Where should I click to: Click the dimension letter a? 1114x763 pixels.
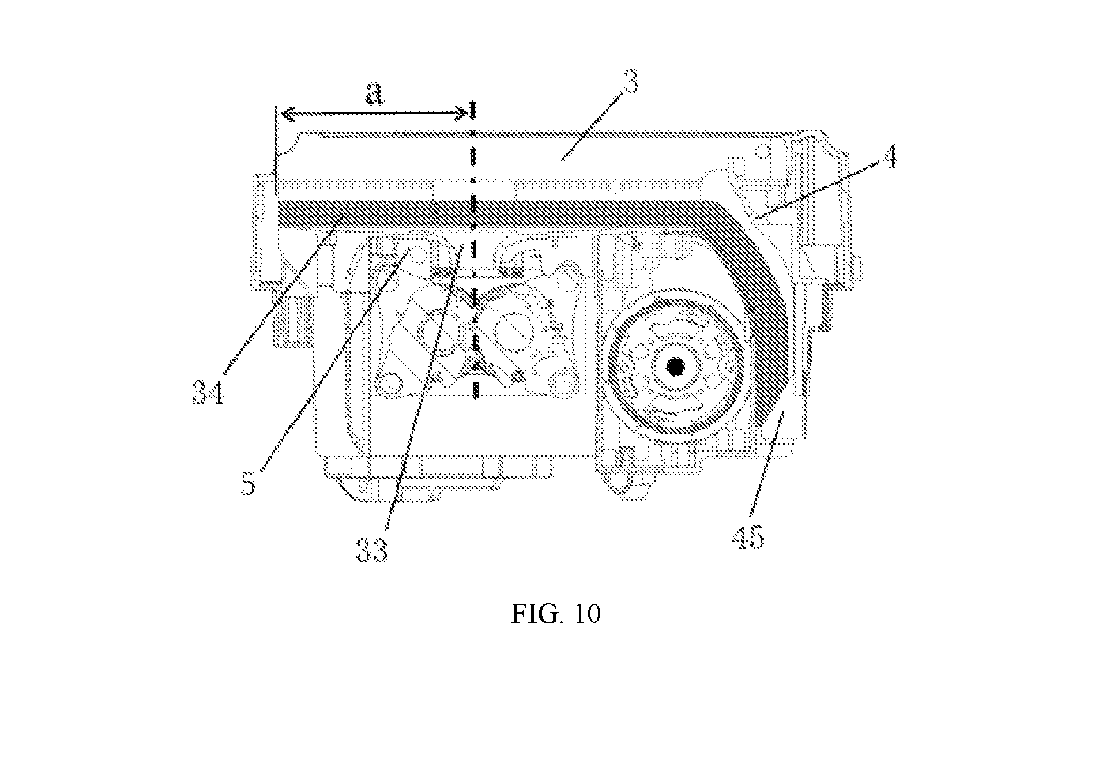375,94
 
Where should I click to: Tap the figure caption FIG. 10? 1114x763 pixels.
556,614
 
